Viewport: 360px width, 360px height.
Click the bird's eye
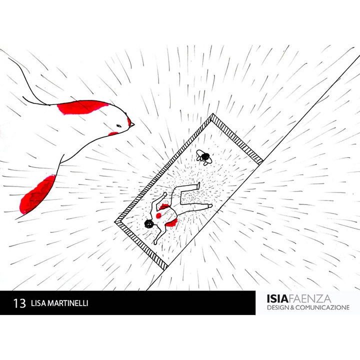click(119, 126)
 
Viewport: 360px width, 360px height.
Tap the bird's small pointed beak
click(132, 125)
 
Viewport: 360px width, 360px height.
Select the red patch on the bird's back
click(82, 107)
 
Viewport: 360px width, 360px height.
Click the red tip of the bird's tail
click(36, 194)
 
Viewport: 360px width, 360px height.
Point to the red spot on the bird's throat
click(113, 133)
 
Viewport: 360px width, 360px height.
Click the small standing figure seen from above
click(204, 157)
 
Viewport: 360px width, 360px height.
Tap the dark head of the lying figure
click(149, 223)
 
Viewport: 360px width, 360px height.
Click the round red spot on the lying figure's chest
click(158, 215)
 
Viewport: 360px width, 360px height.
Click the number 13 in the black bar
click(19, 303)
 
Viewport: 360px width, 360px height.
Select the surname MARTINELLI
click(67, 303)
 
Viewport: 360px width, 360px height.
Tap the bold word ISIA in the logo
click(277, 298)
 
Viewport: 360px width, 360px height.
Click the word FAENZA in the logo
click(309, 298)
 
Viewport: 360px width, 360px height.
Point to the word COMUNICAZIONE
click(322, 307)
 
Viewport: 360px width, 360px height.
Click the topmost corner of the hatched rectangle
click(213, 113)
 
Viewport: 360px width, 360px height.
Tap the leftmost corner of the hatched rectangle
click(115, 222)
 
